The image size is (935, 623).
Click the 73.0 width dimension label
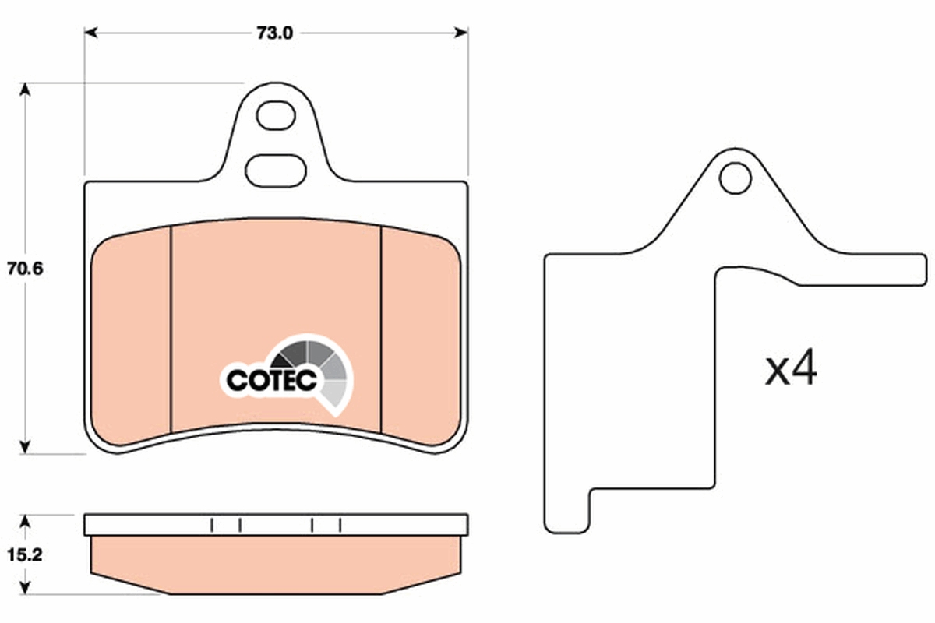pyautogui.click(x=274, y=33)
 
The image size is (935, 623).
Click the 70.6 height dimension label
pyautogui.click(x=25, y=269)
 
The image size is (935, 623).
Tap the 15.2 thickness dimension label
pyautogui.click(x=25, y=555)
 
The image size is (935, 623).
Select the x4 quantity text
pyautogui.click(x=791, y=368)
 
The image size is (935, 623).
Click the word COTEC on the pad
pyautogui.click(x=271, y=380)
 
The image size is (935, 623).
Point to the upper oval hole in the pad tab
pyautogui.click(x=276, y=115)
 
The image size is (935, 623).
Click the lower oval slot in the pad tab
pyautogui.click(x=276, y=171)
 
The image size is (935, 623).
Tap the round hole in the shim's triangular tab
pyautogui.click(x=736, y=178)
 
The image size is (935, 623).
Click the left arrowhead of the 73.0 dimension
pyautogui.click(x=90, y=33)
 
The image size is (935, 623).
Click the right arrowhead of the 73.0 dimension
pyautogui.click(x=461, y=33)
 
